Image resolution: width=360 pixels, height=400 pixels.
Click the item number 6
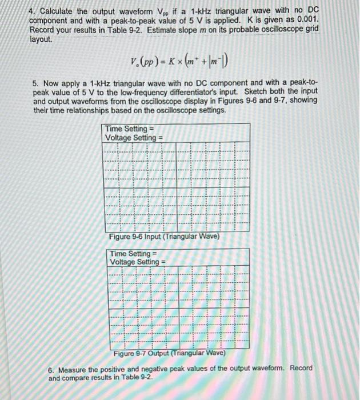(x=51, y=369)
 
